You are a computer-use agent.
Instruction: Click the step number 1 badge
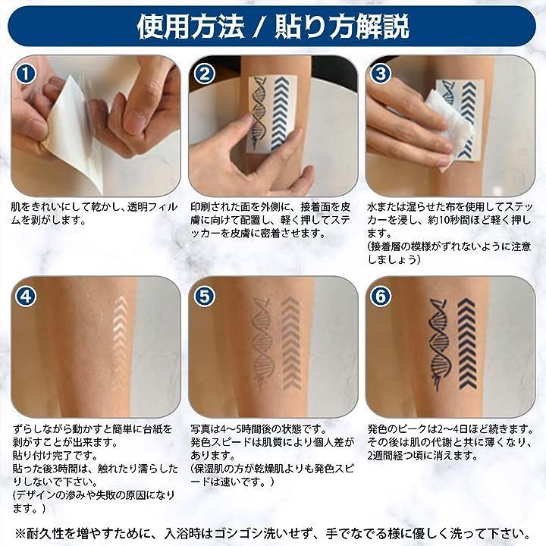(26, 74)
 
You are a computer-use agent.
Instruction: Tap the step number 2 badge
(204, 74)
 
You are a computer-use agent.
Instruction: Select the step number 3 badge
(381, 74)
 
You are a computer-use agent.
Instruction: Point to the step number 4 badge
(26, 297)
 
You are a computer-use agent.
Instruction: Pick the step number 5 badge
(204, 297)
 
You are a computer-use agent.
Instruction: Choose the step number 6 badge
(381, 297)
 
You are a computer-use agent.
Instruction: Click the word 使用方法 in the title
(190, 27)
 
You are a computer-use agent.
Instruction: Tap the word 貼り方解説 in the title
(342, 27)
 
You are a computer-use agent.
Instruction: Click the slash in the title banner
(259, 27)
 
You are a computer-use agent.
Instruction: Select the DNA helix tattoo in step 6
(440, 343)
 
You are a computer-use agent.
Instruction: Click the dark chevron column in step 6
(467, 344)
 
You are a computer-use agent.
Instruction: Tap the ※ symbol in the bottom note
(21, 533)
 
